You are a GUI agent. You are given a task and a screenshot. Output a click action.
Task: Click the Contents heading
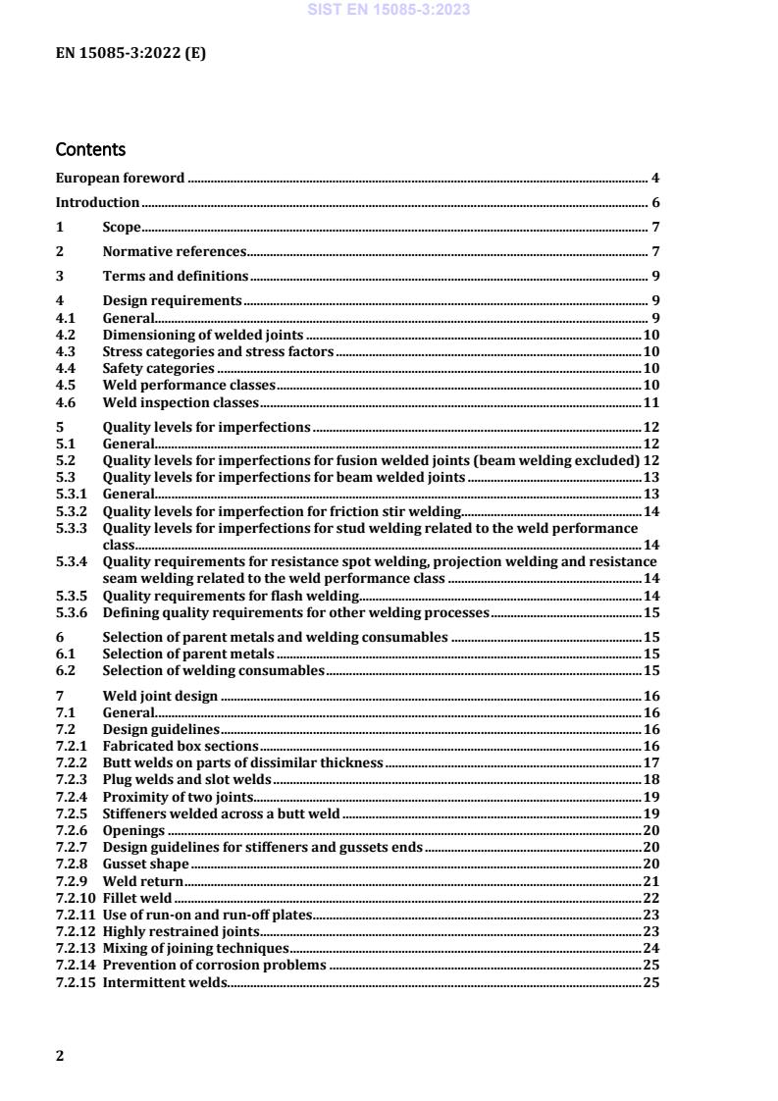click(x=90, y=150)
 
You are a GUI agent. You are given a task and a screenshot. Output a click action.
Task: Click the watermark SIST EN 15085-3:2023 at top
click(x=389, y=10)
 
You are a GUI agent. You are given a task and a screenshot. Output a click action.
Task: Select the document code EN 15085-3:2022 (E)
click(x=130, y=55)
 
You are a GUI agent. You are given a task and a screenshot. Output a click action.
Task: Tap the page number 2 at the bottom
click(x=60, y=1056)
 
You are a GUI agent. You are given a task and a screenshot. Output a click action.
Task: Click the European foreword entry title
click(x=120, y=179)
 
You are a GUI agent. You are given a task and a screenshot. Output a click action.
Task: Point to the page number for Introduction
click(x=654, y=203)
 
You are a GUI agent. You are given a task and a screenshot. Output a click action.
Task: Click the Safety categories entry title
click(x=159, y=368)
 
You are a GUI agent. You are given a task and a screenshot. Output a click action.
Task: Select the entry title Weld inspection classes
click(x=181, y=402)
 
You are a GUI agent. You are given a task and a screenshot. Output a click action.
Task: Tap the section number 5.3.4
click(x=72, y=561)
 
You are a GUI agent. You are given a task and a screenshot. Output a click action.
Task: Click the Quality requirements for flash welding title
click(x=231, y=596)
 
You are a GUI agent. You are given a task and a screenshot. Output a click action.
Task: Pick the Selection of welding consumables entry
click(x=213, y=670)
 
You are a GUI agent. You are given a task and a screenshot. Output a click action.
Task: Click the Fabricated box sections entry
click(x=170, y=746)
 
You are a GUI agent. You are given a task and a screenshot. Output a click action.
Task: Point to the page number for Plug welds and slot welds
click(x=650, y=779)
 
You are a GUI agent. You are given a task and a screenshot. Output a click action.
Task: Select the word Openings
click(x=133, y=830)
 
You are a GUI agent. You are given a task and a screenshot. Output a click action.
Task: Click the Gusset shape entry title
click(x=145, y=865)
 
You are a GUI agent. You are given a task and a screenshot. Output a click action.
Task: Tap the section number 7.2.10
click(x=75, y=898)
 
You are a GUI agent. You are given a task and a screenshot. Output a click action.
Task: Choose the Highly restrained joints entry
click(x=182, y=931)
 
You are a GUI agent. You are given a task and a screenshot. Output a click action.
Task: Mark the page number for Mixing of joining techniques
click(x=650, y=948)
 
